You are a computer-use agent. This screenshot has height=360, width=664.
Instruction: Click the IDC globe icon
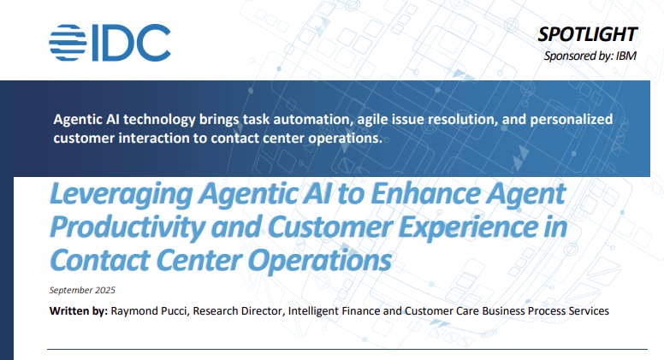point(68,42)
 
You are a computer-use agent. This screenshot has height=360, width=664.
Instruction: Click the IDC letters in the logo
point(131,42)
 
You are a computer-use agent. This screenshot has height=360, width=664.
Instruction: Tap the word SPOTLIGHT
point(587,34)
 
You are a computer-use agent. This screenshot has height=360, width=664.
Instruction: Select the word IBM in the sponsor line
point(625,56)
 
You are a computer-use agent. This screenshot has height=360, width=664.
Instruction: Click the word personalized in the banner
point(572,120)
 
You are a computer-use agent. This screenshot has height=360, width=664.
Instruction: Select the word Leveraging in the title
point(122,195)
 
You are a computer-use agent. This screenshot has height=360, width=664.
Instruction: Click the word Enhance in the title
point(426,193)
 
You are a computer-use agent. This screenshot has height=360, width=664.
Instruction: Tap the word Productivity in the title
point(127,227)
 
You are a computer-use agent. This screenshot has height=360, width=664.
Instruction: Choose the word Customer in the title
point(331,227)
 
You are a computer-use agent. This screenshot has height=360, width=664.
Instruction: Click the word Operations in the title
point(320,261)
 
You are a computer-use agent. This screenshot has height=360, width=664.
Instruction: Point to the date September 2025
point(82,290)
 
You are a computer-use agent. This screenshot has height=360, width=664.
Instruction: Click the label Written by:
point(79,311)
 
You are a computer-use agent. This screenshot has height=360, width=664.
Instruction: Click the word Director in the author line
point(262,311)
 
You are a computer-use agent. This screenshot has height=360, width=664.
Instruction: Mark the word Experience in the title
point(468,228)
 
